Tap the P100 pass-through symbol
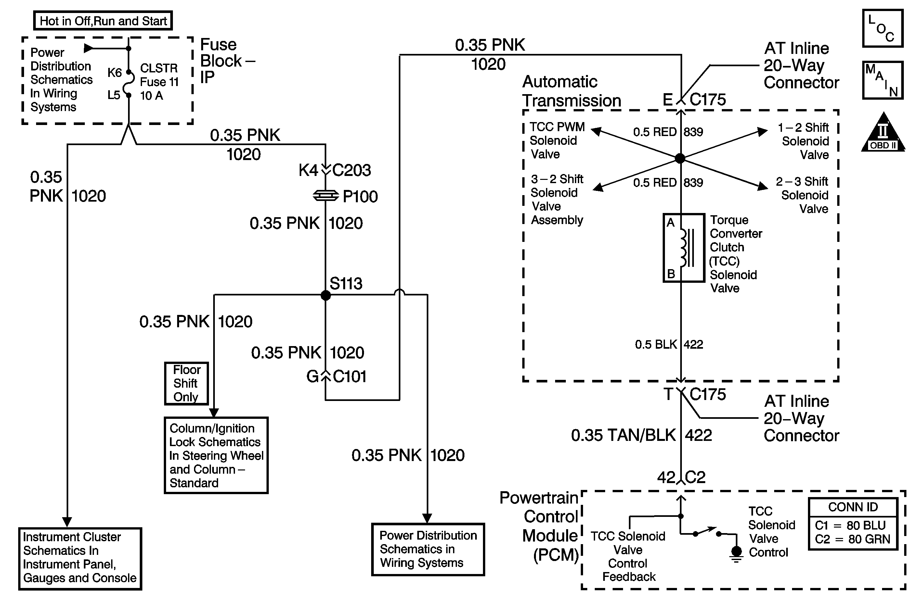[325, 196]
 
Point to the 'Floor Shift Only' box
[186, 383]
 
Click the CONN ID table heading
[853, 507]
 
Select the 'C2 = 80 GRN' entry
[852, 539]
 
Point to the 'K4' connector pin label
[308, 170]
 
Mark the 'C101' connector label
[349, 377]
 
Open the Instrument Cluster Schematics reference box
[80, 558]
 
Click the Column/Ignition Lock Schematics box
[216, 455]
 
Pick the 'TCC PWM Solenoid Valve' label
[556, 141]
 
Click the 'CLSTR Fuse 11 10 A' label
[159, 82]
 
